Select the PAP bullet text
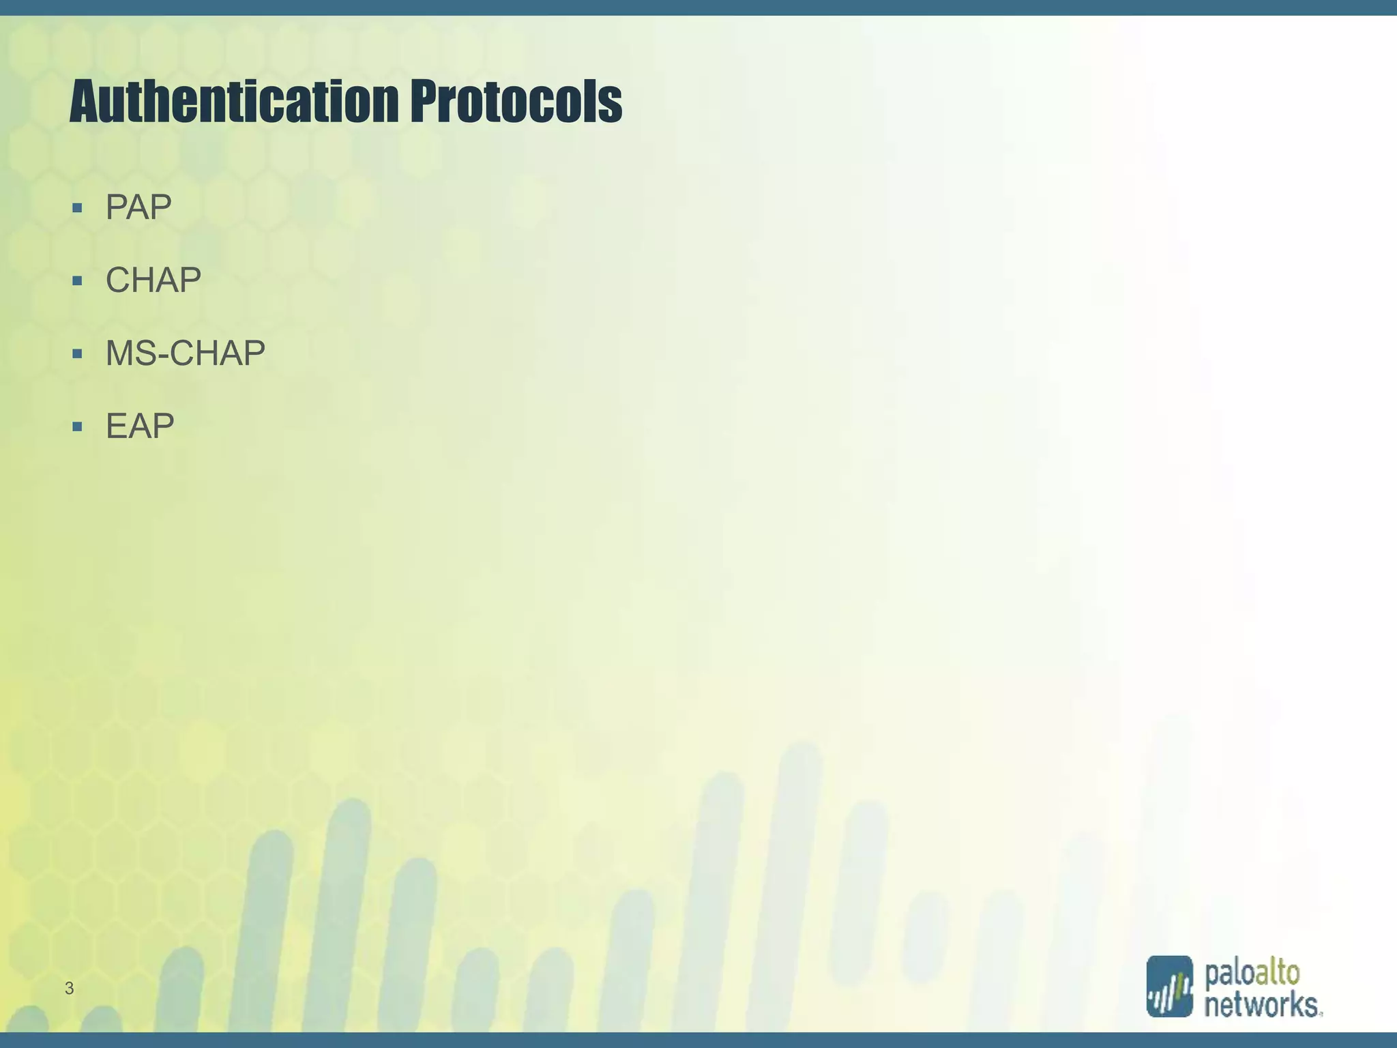click(x=138, y=207)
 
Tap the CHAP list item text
click(x=153, y=280)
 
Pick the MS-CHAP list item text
click(x=186, y=353)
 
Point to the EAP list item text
click(x=140, y=426)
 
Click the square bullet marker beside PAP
click(x=77, y=207)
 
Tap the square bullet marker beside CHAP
click(x=77, y=280)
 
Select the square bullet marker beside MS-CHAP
click(x=77, y=353)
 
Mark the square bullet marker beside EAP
click(x=77, y=427)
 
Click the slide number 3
click(x=69, y=987)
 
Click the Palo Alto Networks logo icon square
click(x=1169, y=986)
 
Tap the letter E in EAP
click(x=116, y=426)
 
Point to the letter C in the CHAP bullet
click(x=118, y=280)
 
